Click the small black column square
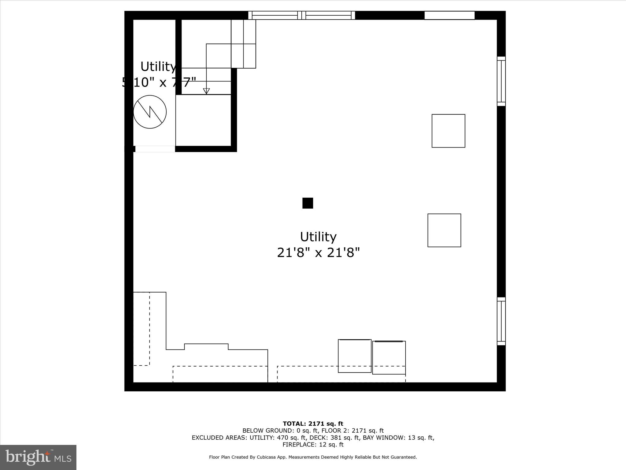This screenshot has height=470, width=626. (307, 203)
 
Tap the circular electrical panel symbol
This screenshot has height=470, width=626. (150, 112)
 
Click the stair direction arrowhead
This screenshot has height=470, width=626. (206, 91)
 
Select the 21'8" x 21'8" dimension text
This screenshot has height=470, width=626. (318, 253)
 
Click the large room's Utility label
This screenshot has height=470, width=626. (318, 237)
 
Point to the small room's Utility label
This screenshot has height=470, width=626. (158, 66)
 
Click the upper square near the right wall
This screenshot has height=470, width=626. (448, 131)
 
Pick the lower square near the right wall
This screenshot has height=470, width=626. (444, 230)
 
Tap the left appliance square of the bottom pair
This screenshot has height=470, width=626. (355, 356)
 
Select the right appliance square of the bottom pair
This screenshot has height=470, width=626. (389, 357)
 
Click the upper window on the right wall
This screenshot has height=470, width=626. (501, 81)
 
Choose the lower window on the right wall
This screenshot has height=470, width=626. (501, 321)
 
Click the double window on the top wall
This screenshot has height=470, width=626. (301, 15)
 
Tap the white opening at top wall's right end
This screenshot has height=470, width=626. (449, 15)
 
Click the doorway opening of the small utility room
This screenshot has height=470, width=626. (155, 149)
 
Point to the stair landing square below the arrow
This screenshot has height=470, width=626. (203, 120)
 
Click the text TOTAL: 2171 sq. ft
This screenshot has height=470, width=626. (313, 424)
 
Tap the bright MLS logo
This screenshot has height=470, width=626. (38, 457)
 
